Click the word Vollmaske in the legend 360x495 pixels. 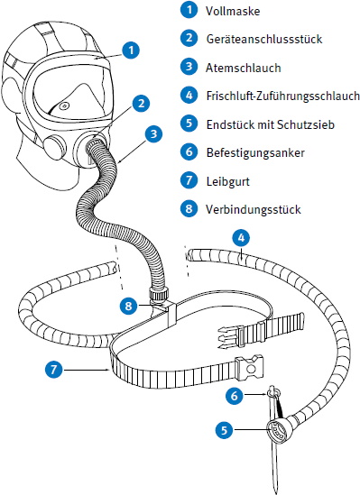(x=233, y=11)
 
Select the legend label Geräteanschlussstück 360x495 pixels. (x=264, y=39)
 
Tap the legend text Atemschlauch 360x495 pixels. (x=244, y=68)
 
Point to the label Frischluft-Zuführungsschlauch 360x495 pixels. (x=283, y=96)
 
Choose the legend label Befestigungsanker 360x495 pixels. (x=255, y=152)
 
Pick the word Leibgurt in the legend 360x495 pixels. (x=227, y=181)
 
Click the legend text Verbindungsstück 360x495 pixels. (x=254, y=209)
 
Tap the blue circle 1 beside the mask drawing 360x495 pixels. (x=131, y=50)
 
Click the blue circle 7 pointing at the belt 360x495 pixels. (x=54, y=369)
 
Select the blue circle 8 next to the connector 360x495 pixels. (x=128, y=306)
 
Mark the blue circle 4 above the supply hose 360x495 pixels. (x=241, y=238)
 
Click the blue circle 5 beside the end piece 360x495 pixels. (x=224, y=430)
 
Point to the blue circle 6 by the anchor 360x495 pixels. (x=235, y=395)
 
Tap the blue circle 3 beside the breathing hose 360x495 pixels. (x=153, y=133)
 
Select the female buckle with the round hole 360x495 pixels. (x=249, y=367)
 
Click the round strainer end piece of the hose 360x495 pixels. (x=277, y=429)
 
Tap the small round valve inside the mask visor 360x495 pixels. (x=64, y=105)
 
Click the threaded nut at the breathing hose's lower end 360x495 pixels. (x=159, y=293)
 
